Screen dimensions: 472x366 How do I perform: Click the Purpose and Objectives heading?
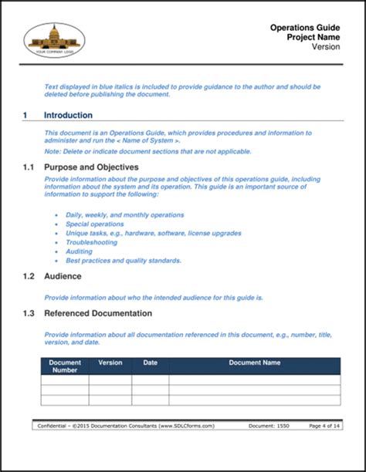point(91,167)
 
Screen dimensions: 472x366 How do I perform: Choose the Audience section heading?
point(63,276)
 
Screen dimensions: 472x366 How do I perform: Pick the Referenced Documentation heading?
point(98,313)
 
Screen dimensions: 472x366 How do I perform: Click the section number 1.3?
point(29,313)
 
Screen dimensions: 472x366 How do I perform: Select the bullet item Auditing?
point(80,251)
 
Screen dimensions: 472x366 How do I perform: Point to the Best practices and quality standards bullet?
point(124,261)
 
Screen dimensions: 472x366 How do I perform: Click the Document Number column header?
point(64,366)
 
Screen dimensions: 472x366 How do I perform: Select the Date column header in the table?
point(150,362)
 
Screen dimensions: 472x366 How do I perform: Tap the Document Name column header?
point(254,362)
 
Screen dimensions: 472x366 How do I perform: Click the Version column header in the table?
point(110,362)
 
